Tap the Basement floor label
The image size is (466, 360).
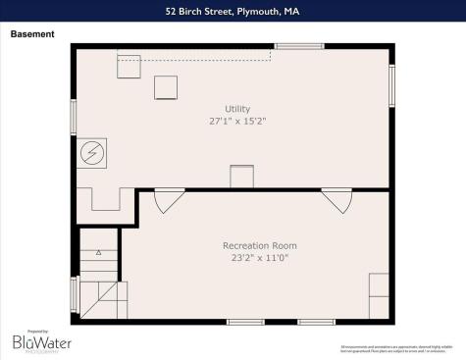32,34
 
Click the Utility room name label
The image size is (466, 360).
237,108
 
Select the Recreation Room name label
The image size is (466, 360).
260,245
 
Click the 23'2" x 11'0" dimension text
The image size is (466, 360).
260,258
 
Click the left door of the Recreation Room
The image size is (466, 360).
168,200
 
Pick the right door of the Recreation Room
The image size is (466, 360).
337,200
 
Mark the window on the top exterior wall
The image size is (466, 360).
299,46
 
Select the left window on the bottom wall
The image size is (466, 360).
245,322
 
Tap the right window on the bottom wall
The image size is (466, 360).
316,322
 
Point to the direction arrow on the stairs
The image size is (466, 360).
98,252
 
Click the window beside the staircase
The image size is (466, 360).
75,293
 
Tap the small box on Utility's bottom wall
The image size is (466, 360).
241,178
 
